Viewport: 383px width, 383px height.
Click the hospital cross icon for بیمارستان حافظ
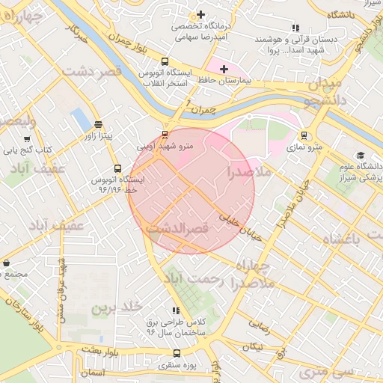(x=223, y=69)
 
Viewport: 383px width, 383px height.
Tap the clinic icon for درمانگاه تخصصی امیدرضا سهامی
(x=200, y=14)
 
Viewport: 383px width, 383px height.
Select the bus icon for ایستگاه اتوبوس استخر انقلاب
(x=165, y=62)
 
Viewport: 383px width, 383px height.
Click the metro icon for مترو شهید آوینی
(x=165, y=135)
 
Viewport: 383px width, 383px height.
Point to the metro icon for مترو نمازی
(x=304, y=135)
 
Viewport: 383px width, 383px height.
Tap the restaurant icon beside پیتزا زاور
(x=99, y=124)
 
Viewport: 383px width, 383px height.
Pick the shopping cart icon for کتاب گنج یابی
(x=28, y=138)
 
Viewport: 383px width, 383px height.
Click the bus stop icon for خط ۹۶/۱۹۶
(x=117, y=168)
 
